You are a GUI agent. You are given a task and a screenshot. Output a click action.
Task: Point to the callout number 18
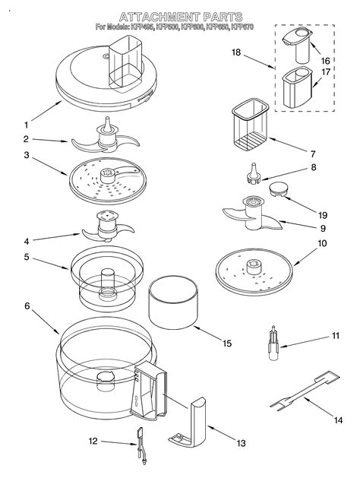[235, 52]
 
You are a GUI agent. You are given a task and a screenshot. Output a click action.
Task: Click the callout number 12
[93, 440]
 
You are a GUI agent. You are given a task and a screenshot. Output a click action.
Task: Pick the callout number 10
[321, 244]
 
